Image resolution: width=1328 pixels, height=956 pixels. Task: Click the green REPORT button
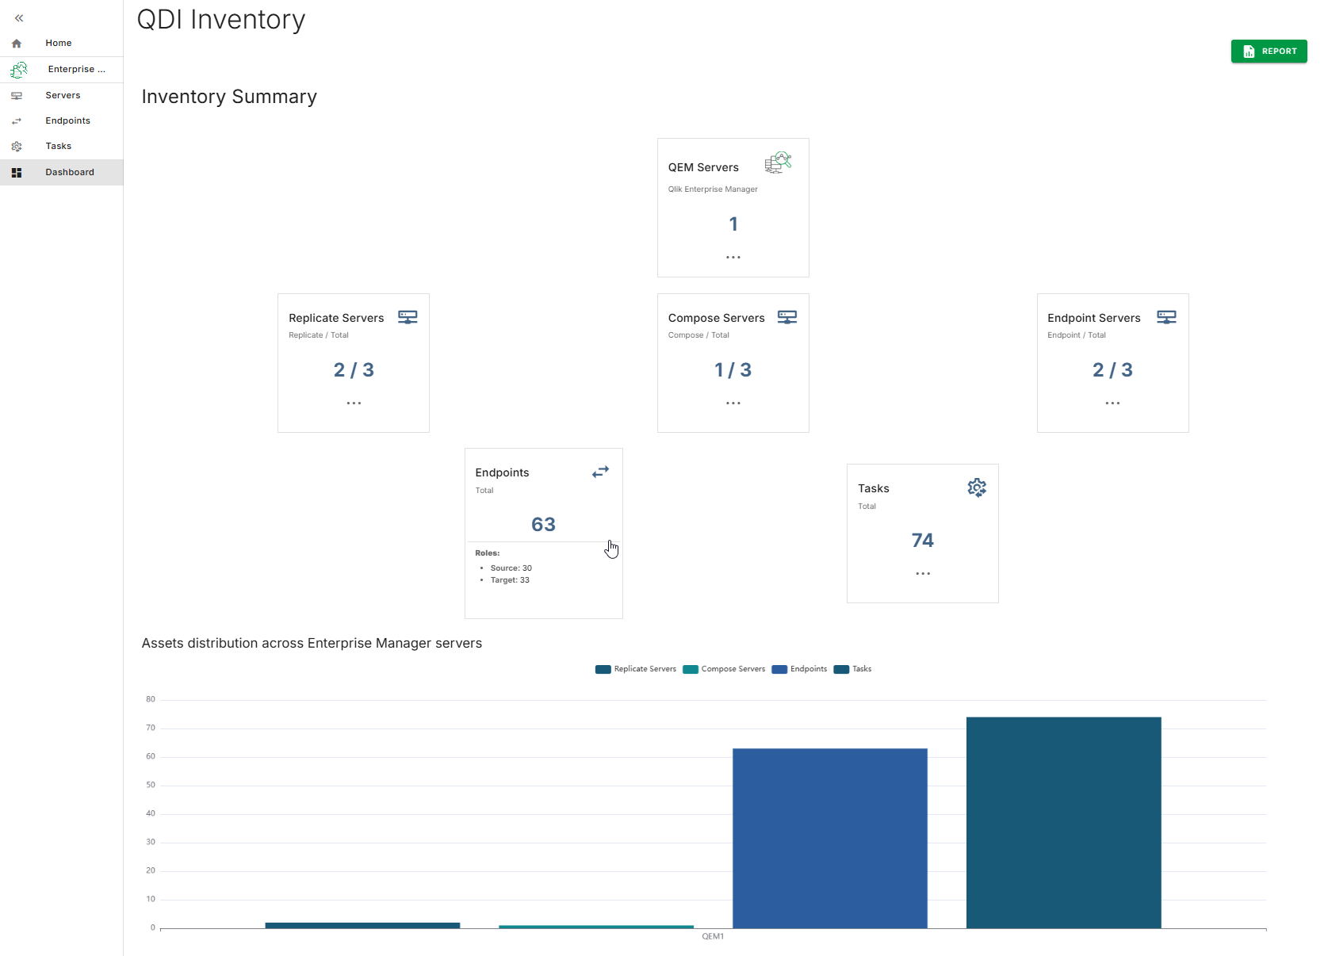(x=1269, y=52)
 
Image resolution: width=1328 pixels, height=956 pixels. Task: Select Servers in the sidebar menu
(x=63, y=95)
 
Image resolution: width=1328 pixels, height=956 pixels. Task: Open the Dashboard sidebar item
(x=69, y=172)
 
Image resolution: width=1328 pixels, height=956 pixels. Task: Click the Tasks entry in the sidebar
(x=58, y=146)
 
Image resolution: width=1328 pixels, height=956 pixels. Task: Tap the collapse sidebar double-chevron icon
(x=19, y=18)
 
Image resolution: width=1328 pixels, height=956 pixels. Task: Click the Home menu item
(x=58, y=43)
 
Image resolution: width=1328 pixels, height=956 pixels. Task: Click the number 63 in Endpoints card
(x=543, y=524)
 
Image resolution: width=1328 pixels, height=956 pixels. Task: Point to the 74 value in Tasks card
(x=922, y=540)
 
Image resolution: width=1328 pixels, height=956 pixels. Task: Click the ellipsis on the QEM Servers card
(x=733, y=257)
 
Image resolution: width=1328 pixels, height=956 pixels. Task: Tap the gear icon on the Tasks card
(x=976, y=488)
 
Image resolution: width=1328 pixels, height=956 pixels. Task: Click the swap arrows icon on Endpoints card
(x=600, y=472)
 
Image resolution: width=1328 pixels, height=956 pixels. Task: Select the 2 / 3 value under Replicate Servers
(x=354, y=369)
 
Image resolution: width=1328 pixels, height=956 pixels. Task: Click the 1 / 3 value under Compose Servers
(x=733, y=369)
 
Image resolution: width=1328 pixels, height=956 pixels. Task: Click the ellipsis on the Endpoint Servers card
(x=1112, y=403)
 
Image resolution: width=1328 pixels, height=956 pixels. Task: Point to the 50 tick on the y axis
(x=151, y=785)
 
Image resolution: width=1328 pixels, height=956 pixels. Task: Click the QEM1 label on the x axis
(x=713, y=936)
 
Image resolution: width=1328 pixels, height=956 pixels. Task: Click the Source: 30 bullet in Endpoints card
(x=511, y=568)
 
